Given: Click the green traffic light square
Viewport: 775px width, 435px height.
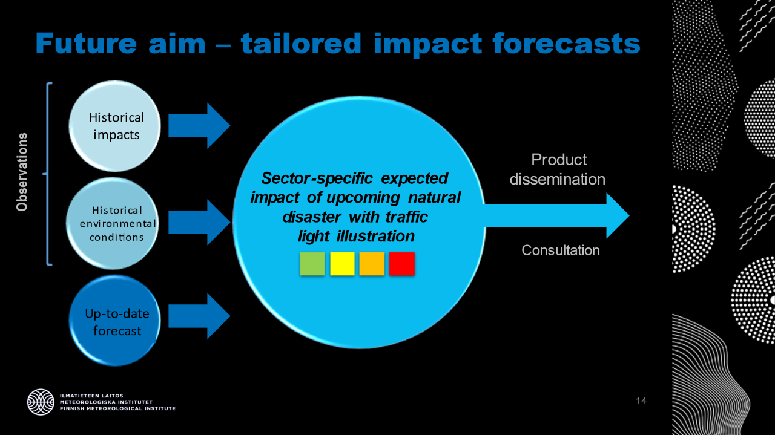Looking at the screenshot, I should pos(312,264).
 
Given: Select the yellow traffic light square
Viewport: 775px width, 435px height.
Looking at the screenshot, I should pos(342,264).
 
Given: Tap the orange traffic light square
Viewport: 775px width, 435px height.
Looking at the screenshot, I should pos(372,264).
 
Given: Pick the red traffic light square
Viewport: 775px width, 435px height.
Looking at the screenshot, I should pos(402,264).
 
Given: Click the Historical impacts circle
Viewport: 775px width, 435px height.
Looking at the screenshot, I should pos(115,126).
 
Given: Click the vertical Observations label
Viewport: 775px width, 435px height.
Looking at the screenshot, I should pos(22,172).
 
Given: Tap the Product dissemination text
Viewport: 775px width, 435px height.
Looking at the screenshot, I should pos(557,169).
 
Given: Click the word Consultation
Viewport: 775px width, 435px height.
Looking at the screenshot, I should pos(561,250).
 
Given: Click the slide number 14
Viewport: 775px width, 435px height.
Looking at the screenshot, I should pos(641,401).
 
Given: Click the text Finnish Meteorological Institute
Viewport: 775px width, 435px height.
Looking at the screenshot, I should pos(117,408).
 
